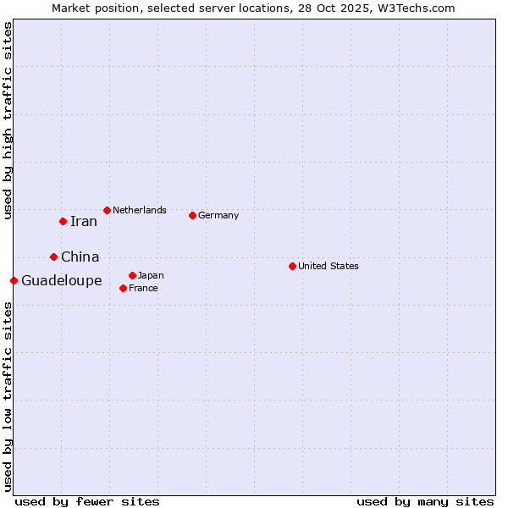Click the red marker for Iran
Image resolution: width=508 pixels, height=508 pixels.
pos(63,222)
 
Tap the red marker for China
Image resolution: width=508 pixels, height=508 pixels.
pos(53,257)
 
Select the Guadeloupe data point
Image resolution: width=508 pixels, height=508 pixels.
pos(14,280)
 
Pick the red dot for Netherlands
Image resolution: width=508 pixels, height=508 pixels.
pos(107,210)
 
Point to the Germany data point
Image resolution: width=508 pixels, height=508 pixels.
pos(192,215)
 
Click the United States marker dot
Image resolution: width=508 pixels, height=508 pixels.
pos(292,266)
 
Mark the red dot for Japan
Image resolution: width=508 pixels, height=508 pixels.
pos(132,275)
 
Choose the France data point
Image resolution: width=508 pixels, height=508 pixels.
pos(123,288)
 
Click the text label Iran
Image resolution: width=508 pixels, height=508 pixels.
pos(84,222)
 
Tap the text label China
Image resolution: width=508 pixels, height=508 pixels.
pos(80,257)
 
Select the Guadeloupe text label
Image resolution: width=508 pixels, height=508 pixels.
pos(62,280)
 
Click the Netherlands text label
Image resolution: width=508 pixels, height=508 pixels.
pos(140,210)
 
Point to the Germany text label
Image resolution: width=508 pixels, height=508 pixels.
pos(218,215)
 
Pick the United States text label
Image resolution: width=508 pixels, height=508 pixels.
pos(329,266)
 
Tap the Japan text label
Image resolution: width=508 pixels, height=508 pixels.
pos(151,275)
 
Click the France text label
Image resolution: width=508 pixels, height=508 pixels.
pos(143,288)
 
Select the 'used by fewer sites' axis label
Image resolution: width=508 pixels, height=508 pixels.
pos(87,501)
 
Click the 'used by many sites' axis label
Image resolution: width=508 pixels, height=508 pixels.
pos(425,501)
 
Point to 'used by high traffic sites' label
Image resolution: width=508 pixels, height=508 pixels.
pos(8,120)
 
